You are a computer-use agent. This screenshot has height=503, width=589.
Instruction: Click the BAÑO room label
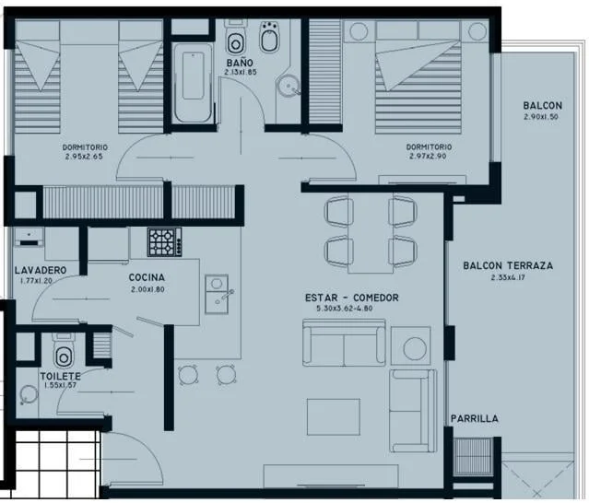coord(240,63)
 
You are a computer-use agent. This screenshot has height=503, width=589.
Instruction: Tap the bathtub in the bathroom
coord(193,83)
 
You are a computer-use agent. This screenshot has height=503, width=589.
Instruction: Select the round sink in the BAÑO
coord(289,86)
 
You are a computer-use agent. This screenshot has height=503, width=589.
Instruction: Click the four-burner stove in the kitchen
coord(164,242)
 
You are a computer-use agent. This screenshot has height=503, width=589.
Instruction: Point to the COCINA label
coord(147,277)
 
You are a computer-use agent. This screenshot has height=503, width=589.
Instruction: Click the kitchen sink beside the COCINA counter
coord(217,294)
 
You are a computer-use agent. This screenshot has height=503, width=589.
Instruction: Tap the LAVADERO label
coord(41,270)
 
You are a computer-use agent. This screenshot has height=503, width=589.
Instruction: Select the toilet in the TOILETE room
coord(64,351)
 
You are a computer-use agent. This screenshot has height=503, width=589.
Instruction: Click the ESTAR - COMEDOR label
coord(352,298)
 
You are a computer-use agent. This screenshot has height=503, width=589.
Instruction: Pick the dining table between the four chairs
coord(371,233)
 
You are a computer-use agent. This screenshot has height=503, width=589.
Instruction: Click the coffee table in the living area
coord(334,416)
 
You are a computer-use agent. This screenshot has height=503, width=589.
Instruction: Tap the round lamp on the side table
coord(415,348)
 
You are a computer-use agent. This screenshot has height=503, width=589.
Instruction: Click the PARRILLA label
coord(475,418)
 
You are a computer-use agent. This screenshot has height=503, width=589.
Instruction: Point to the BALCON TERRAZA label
coord(508,265)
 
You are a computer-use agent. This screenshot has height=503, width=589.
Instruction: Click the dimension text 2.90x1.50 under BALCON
coord(541,117)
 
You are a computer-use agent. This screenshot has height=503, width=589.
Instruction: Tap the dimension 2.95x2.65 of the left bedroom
coord(84,157)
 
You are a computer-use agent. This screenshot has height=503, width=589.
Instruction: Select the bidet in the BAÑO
coord(270,37)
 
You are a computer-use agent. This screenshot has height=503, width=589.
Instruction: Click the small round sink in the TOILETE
coord(29,395)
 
